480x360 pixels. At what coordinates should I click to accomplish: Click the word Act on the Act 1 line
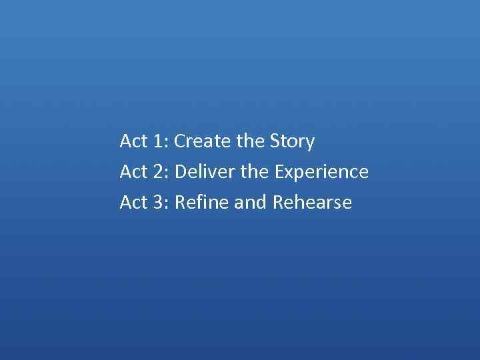(134, 141)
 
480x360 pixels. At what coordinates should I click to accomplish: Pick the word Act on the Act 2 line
(134, 172)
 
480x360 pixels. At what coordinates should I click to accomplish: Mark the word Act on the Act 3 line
(134, 202)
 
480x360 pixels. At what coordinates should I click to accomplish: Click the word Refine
(201, 202)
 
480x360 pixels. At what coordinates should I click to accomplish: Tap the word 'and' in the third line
(251, 202)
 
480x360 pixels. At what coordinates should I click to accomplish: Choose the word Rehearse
(312, 202)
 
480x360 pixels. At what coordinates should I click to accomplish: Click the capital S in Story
(276, 141)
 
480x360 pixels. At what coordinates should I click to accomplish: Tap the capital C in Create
(181, 141)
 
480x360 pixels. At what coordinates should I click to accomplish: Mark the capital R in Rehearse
(279, 202)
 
